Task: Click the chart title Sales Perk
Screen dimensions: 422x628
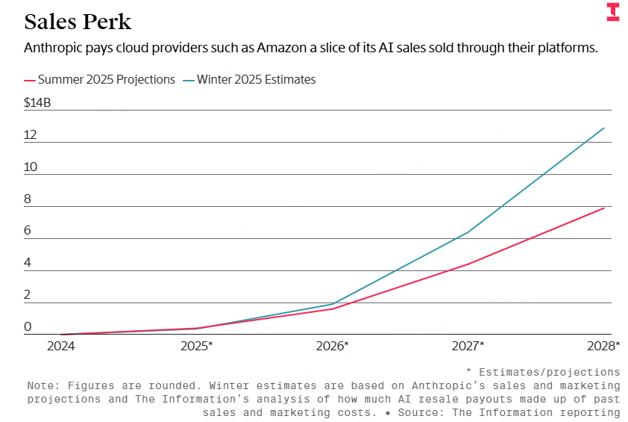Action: [x=78, y=21]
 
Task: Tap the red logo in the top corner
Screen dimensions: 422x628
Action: [x=612, y=12]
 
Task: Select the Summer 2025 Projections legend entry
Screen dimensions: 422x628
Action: [x=100, y=79]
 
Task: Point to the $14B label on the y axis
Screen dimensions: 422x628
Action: [x=37, y=103]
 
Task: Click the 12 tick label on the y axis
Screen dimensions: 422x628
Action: [x=31, y=135]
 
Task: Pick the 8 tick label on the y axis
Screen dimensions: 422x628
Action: [x=28, y=199]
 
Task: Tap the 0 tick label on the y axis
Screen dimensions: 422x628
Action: [x=28, y=327]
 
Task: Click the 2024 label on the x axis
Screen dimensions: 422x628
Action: [x=61, y=346]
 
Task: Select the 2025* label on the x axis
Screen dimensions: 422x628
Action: [x=197, y=346]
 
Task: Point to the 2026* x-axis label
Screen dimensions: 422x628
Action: [x=333, y=346]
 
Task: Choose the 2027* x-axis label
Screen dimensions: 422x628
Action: [x=468, y=346]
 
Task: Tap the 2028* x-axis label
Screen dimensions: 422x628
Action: [x=603, y=346]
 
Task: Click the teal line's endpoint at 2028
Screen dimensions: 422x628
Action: [x=604, y=128]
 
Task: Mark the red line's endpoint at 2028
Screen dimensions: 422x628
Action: [x=604, y=208]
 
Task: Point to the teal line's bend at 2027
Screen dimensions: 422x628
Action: [x=468, y=232]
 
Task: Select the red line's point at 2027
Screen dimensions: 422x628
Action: [x=468, y=264]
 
